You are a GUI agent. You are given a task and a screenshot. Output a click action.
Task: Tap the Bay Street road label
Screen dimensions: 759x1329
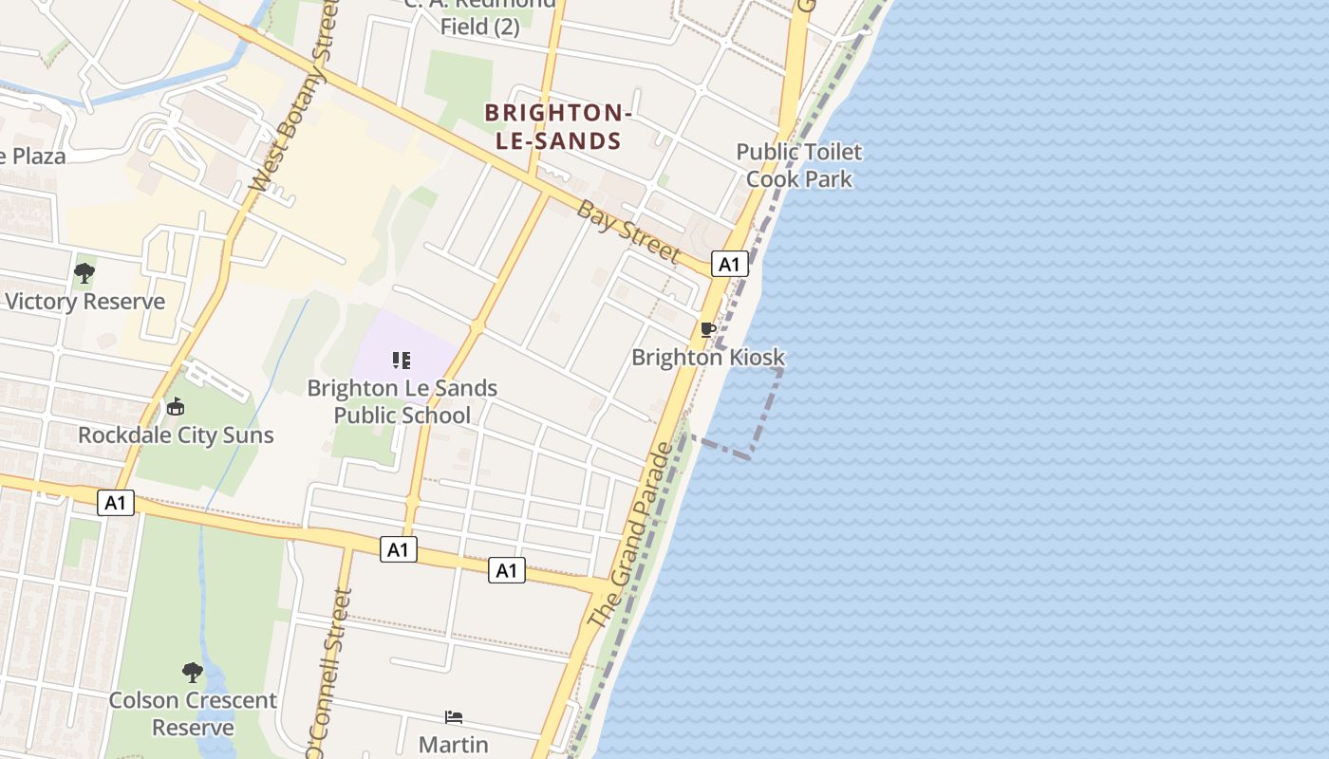627,231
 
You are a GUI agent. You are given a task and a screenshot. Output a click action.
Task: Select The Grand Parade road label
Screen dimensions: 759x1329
630,536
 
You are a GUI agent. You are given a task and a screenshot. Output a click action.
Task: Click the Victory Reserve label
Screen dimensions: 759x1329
84,302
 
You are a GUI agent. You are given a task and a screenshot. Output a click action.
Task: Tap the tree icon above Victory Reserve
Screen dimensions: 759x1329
84,273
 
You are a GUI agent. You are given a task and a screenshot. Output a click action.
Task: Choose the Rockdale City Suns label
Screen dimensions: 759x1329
176,435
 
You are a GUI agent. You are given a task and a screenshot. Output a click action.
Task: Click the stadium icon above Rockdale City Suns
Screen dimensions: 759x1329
175,407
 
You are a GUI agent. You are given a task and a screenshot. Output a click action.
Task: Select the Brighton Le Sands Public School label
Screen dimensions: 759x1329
402,401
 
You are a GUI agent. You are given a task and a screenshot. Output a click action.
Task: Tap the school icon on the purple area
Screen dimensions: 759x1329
402,360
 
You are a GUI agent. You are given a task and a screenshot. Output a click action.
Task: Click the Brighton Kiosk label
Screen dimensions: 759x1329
708,358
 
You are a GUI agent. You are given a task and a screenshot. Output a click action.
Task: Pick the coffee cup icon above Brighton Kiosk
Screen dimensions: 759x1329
707,329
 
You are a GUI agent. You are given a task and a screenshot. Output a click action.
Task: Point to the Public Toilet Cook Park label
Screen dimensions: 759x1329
798,165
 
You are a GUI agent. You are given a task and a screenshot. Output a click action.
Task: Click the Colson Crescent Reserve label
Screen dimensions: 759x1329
193,713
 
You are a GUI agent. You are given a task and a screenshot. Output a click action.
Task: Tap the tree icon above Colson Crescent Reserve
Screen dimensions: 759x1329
193,673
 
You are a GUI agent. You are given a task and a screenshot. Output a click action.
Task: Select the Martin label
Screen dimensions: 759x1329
454,745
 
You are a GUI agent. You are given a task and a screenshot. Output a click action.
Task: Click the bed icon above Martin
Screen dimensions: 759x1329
454,717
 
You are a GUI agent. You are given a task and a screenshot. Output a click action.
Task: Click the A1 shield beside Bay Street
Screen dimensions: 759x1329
729,264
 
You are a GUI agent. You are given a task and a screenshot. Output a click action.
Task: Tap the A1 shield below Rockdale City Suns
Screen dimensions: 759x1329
115,503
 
